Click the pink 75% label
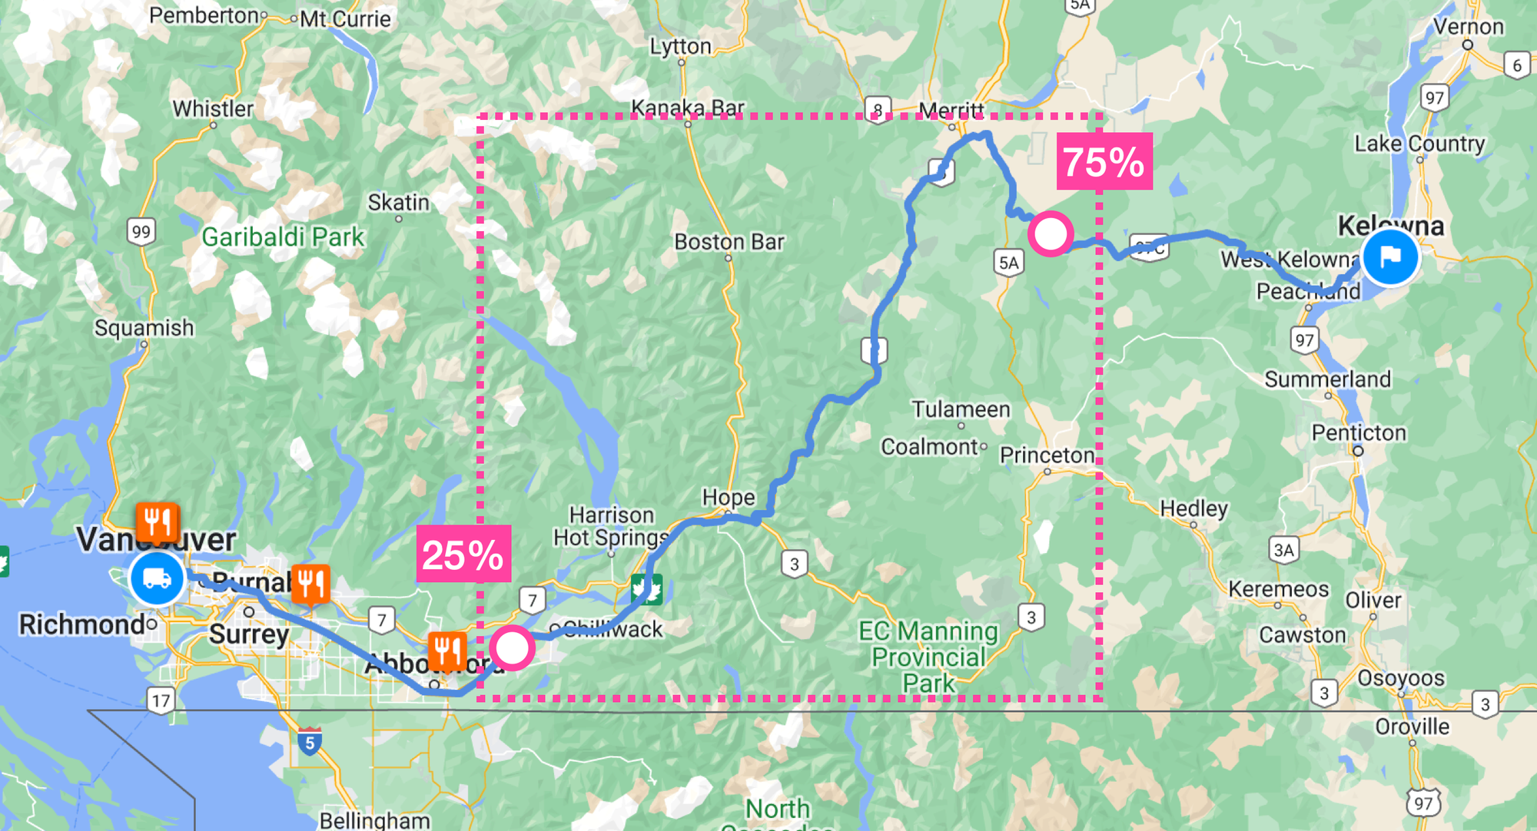coord(1104,161)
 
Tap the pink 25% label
coord(463,554)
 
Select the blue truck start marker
coord(157,578)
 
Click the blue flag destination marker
coord(1390,257)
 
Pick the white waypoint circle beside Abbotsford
coord(512,648)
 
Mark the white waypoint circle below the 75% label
coord(1051,233)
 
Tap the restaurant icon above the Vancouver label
coord(158,523)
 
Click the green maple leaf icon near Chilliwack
coord(646,590)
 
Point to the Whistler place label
coord(213,109)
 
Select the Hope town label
coord(728,498)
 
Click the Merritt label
coord(951,111)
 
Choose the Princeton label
coord(1047,455)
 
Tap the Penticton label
coord(1359,432)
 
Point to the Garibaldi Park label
coord(283,237)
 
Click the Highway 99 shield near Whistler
coord(141,232)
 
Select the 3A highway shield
coord(1283,550)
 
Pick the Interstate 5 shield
coord(310,742)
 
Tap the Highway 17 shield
coord(161,700)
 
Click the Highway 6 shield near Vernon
coord(1516,65)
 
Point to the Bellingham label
coord(374,820)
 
